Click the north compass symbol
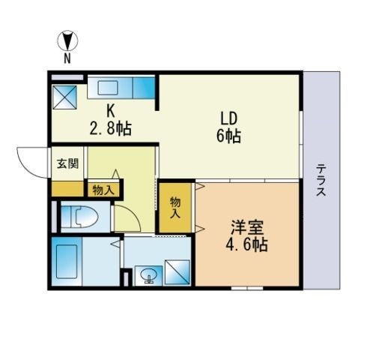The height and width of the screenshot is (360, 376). (x=67, y=40)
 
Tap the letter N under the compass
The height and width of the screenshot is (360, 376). (x=67, y=58)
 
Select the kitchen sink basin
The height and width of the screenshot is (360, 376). (x=108, y=88)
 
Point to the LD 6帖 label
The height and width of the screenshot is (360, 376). (x=228, y=127)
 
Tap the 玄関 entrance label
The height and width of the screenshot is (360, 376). (x=67, y=163)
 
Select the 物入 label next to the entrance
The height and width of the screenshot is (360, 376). (x=103, y=190)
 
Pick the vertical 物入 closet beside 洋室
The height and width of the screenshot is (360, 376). (x=175, y=208)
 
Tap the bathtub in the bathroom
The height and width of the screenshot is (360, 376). (x=67, y=261)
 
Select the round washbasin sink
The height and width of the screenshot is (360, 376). (x=148, y=275)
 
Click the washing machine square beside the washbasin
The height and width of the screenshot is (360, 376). (x=178, y=272)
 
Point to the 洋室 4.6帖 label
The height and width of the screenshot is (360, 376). (x=246, y=236)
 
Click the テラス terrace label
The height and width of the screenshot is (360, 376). (x=321, y=180)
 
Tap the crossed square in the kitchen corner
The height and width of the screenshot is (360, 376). (x=64, y=97)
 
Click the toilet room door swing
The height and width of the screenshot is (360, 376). (x=127, y=218)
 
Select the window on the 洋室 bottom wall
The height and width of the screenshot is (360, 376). (x=247, y=288)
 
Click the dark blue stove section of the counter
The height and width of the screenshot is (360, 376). (x=144, y=88)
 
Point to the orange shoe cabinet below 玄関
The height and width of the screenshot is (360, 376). (x=67, y=189)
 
